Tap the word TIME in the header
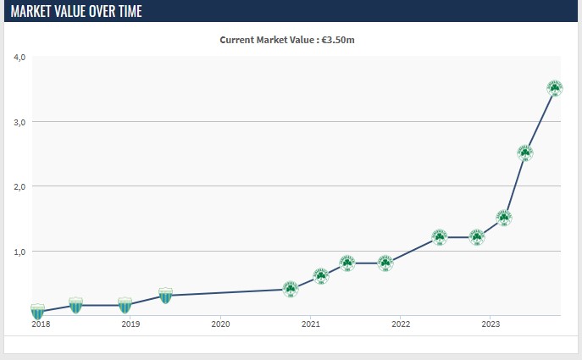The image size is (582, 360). [130, 11]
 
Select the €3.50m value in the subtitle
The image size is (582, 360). [338, 40]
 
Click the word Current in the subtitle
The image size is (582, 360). [233, 40]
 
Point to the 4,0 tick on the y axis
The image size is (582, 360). [19, 57]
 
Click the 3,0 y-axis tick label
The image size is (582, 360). [19, 122]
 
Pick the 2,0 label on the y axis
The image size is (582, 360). [19, 186]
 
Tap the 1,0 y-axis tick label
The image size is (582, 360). [19, 252]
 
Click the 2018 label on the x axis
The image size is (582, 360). [41, 324]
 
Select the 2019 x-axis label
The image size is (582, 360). [130, 324]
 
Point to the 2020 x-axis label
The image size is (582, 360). [220, 324]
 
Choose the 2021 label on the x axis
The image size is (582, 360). [311, 324]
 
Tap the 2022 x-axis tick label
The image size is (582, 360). [401, 324]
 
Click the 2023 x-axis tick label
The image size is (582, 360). [491, 324]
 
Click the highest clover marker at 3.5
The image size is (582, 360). [555, 88]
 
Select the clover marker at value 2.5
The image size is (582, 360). [525, 153]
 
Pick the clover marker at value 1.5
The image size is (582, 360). [504, 218]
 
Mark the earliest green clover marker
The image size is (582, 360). [291, 289]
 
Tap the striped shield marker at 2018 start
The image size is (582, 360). [37, 312]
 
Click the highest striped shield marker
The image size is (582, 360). [165, 296]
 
